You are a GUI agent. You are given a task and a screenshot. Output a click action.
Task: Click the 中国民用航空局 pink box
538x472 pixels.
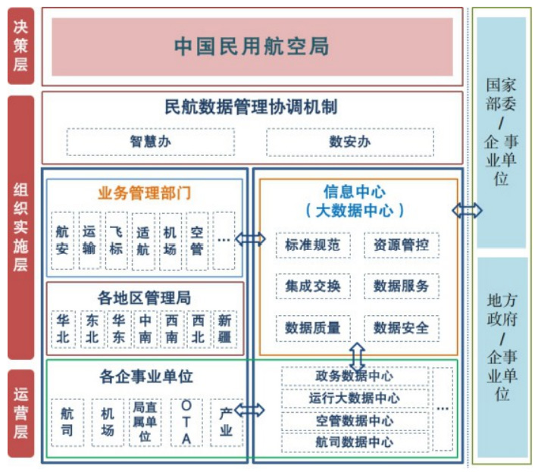click(252, 46)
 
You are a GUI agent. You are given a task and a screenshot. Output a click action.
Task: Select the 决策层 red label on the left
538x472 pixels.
click(20, 46)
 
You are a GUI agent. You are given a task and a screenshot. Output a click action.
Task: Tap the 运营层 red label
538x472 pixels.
click(20, 413)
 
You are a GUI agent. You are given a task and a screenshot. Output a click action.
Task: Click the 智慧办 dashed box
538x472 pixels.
click(150, 142)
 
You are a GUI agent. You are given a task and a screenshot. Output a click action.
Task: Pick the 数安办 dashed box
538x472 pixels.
click(349, 142)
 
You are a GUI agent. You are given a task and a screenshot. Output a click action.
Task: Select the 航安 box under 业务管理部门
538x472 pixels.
click(63, 240)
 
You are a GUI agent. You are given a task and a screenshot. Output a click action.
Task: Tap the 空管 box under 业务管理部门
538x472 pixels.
click(197, 240)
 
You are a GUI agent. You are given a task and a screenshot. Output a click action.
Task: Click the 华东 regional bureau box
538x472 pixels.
click(118, 329)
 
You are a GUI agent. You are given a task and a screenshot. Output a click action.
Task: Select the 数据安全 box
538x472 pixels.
click(401, 328)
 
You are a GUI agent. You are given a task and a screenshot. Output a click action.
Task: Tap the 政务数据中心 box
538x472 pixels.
click(354, 376)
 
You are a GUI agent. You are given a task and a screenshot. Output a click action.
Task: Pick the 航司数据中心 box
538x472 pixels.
click(354, 442)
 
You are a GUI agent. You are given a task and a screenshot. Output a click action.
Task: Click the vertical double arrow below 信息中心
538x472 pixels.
click(356, 355)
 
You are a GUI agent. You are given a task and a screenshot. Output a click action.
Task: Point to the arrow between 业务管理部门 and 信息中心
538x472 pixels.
click(250, 239)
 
